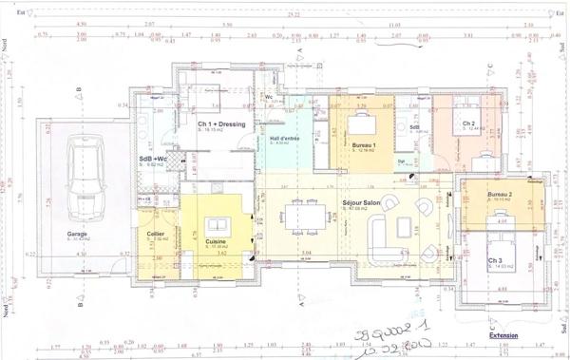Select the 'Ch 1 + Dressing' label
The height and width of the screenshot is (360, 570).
coord(220,124)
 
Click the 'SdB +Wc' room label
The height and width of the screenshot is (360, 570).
coord(153,159)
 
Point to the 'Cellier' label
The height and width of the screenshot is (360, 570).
coord(156,234)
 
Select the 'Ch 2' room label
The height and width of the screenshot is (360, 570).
coord(468,124)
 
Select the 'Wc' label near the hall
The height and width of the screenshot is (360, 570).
coord(270,96)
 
